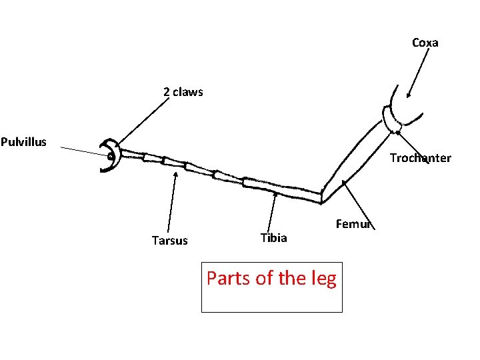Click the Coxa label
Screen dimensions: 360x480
pos(425,43)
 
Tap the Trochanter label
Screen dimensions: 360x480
pos(420,158)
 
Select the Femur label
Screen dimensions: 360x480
pos(353,224)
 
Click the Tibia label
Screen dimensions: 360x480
pos(273,238)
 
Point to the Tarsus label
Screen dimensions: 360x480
pos(169,241)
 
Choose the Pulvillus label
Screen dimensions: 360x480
pos(23,141)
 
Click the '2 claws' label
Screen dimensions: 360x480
pos(183,92)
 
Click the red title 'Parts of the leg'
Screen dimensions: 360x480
pos(271,277)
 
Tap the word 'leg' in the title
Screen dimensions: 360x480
pos(323,279)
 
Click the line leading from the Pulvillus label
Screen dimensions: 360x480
pos(80,150)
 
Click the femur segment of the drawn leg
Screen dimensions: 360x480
pos(353,157)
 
